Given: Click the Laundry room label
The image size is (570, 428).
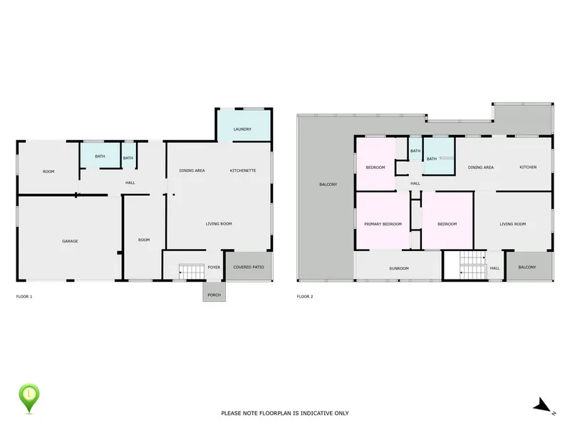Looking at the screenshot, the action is click(242, 129).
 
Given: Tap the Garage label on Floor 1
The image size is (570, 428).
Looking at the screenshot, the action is click(70, 241).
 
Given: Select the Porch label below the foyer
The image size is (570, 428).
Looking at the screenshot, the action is click(214, 295).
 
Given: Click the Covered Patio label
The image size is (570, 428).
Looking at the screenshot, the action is click(249, 267).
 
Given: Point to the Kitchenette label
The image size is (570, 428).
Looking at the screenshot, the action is click(243, 170).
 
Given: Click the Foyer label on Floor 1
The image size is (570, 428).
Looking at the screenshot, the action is click(214, 267).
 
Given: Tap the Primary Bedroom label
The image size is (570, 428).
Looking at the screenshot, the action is click(383, 224).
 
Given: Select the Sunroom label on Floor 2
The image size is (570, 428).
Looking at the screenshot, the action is click(399, 268).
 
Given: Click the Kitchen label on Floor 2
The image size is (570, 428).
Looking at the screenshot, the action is click(528, 167).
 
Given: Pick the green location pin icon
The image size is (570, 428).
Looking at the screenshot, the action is click(29, 398).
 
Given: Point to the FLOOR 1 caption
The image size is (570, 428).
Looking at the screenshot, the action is click(24, 297).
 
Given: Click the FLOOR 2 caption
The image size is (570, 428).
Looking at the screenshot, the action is click(305, 297).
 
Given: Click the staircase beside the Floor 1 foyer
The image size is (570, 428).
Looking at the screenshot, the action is click(192, 272).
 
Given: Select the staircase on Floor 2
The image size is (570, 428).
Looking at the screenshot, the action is click(472, 265).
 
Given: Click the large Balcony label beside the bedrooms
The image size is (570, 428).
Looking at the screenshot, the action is click(328, 185).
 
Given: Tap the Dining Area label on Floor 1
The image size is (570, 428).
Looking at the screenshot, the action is click(192, 170).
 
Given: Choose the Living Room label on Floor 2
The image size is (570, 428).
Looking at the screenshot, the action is click(512, 224).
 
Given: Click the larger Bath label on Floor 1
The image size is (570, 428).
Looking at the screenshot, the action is click(100, 156).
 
